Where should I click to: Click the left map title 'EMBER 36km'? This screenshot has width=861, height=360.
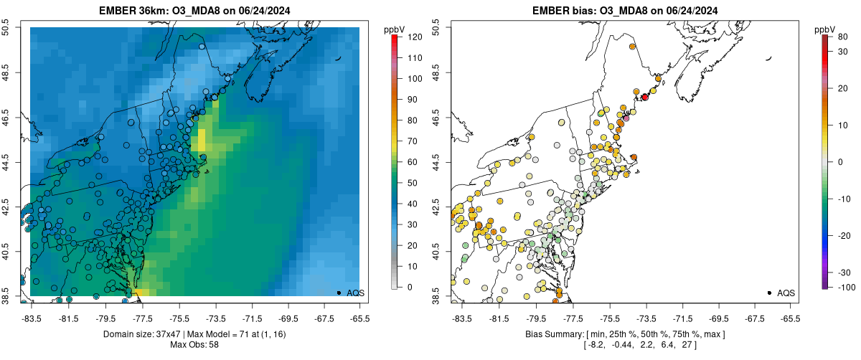(x=133, y=10)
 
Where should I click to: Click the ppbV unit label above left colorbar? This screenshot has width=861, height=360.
(x=394, y=29)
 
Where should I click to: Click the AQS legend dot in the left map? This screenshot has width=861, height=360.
(x=339, y=293)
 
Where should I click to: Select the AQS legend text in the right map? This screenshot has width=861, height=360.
(x=785, y=293)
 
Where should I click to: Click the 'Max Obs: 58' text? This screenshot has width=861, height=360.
(x=194, y=345)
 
